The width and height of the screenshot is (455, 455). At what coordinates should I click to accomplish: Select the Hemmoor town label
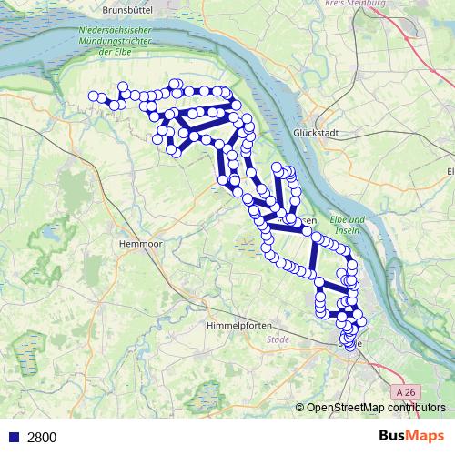[139, 245]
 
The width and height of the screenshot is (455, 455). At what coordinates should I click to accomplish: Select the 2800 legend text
[42, 437]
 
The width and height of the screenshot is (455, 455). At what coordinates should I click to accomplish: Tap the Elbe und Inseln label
[347, 225]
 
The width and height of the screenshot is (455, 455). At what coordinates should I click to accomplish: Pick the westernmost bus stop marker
[92, 96]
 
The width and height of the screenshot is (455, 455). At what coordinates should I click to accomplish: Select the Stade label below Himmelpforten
[278, 339]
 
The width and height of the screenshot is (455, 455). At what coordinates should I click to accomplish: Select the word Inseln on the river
[347, 231]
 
